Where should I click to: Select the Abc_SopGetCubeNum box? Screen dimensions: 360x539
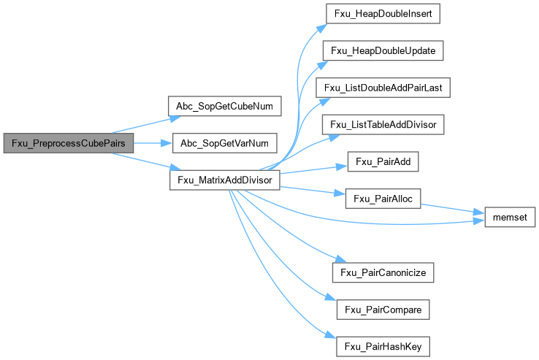point(224,106)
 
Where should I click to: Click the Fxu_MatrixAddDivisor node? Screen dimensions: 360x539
point(224,180)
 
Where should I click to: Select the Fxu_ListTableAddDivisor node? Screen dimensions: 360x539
point(384,125)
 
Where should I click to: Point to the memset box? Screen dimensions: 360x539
point(505,217)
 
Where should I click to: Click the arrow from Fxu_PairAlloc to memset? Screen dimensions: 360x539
point(453,209)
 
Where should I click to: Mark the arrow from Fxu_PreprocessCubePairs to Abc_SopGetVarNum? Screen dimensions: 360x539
point(152,143)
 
